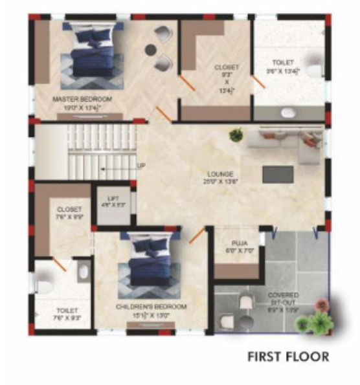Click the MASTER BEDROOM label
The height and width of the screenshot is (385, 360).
(x=82, y=99)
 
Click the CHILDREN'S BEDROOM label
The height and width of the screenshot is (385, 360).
(x=152, y=306)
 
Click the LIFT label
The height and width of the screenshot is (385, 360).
(x=114, y=201)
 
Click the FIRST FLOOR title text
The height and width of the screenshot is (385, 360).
(x=288, y=357)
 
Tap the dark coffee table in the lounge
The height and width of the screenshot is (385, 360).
(x=277, y=174)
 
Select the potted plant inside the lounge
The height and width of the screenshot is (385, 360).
(x=236, y=135)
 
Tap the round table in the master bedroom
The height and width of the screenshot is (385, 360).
(x=151, y=49)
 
